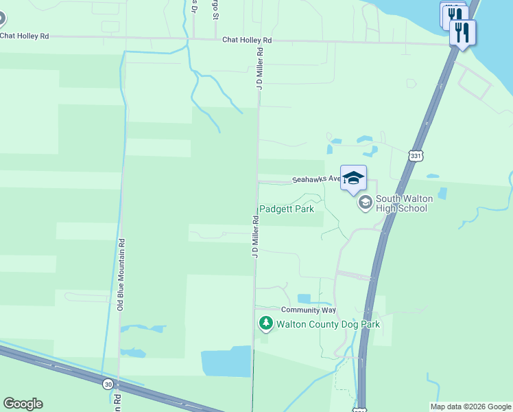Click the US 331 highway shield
(x=415, y=155)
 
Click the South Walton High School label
(x=401, y=203)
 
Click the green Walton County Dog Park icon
(x=265, y=323)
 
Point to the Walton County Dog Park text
(x=328, y=324)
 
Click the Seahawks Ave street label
(x=316, y=179)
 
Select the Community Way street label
(x=308, y=310)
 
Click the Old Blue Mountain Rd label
(x=120, y=275)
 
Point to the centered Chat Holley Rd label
(x=247, y=41)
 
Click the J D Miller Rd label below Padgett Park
(x=254, y=236)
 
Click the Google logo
(x=23, y=404)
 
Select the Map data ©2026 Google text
(x=471, y=407)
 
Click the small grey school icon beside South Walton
(x=365, y=202)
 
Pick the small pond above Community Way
(x=304, y=299)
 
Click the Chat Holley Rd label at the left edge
(x=25, y=36)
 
